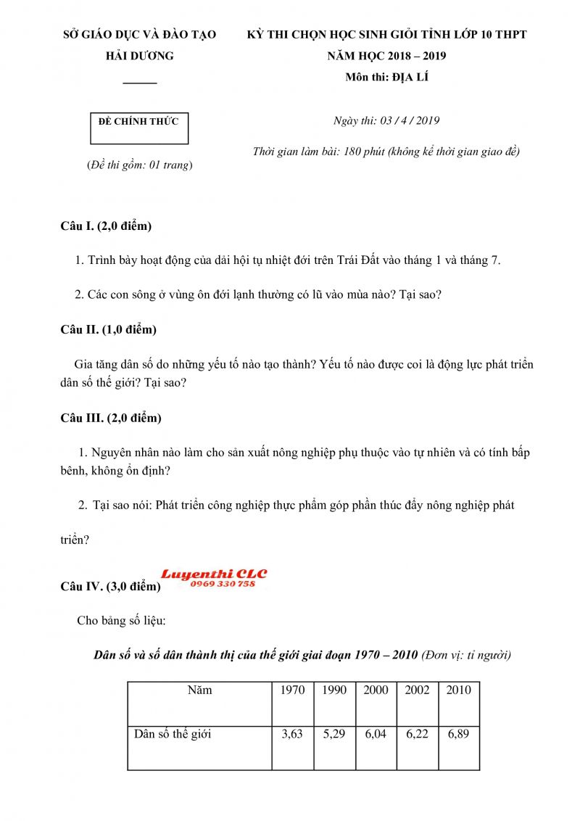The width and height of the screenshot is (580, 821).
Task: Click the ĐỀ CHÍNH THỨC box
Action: click(138, 128)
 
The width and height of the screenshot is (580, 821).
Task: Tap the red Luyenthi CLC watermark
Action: click(214, 574)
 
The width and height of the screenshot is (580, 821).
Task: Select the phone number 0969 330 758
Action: click(223, 584)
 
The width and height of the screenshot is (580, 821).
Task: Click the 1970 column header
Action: click(292, 690)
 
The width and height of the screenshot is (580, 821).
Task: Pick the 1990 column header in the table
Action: click(334, 690)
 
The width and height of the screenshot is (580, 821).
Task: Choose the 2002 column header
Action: click(417, 690)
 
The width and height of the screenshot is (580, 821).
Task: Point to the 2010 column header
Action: click(458, 690)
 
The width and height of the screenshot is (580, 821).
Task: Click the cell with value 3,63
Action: click(292, 734)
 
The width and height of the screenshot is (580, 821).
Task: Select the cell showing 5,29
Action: click(334, 734)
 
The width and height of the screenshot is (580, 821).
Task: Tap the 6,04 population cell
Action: click(376, 734)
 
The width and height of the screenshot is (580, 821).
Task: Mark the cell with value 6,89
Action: click(458, 734)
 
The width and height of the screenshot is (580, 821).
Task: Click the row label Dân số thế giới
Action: click(173, 734)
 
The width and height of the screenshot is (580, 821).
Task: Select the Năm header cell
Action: click(199, 690)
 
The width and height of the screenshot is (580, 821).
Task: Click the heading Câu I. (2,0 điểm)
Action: click(106, 226)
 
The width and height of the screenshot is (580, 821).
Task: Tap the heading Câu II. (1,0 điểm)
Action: click(108, 330)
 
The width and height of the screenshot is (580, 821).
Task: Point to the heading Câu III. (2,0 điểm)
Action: click(111, 418)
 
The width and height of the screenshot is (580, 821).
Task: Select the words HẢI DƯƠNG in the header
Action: click(140, 56)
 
